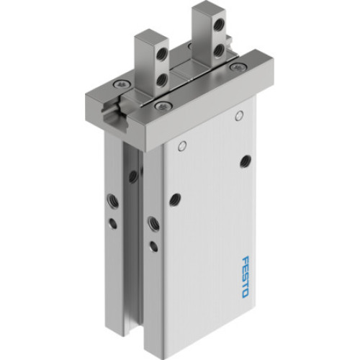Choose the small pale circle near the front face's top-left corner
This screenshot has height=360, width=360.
[182, 147]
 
